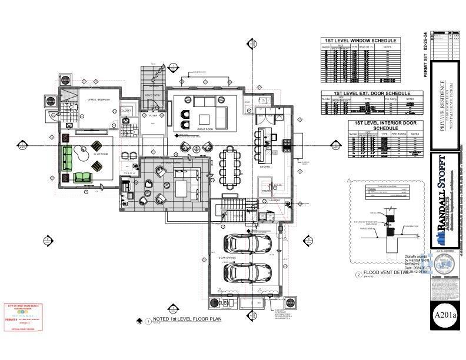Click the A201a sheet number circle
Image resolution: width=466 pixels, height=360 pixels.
pos(445,316)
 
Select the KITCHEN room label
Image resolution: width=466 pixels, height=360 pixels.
pos(265,167)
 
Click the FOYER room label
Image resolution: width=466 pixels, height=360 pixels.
pos(153,116)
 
